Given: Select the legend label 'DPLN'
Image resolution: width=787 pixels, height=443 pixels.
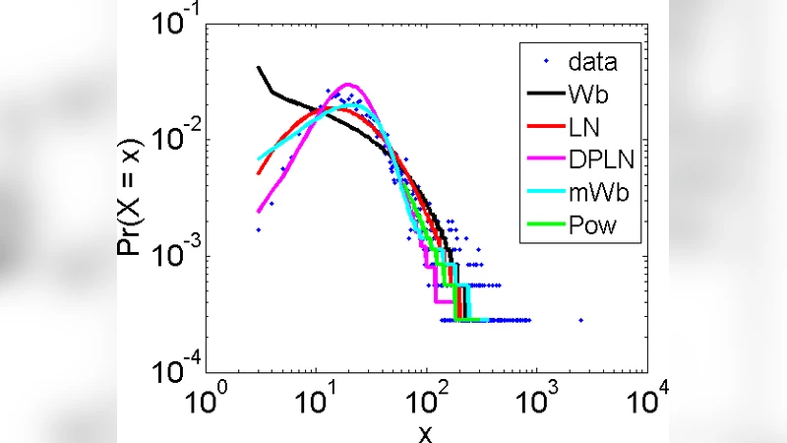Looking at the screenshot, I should [600, 160].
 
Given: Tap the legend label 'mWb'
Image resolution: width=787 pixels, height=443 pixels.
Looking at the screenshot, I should [596, 194].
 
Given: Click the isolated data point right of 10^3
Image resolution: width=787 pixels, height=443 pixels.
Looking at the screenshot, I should [581, 320].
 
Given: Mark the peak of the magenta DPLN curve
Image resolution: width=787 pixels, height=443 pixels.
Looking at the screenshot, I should [348, 85].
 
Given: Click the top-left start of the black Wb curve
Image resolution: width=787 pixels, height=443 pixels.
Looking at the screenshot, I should [259, 68].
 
